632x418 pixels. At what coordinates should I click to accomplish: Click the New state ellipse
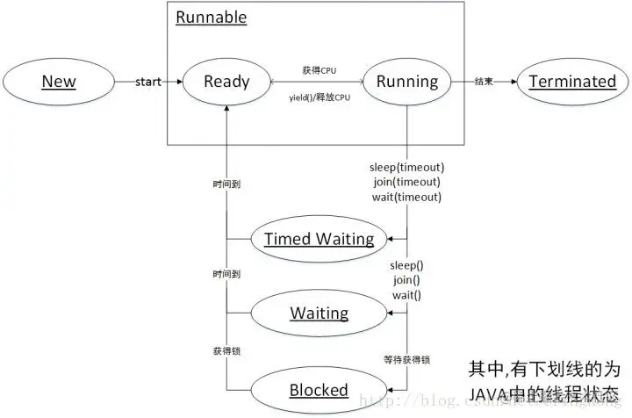click(x=59, y=82)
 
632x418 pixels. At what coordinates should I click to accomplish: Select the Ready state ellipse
click(x=226, y=82)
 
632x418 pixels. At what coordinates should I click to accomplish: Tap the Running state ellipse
click(x=406, y=82)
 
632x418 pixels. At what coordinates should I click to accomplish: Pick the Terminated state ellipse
click(x=572, y=82)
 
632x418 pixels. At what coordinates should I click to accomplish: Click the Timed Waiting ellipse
click(x=319, y=239)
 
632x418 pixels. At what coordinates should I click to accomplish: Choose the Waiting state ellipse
click(x=319, y=313)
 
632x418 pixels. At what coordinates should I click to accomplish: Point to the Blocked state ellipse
click(x=319, y=390)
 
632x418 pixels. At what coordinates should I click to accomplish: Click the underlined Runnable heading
click(x=212, y=18)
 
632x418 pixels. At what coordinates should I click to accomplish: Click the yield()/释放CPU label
click(x=320, y=97)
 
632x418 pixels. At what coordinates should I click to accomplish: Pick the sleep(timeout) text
click(x=406, y=167)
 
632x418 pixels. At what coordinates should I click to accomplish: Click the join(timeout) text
click(x=406, y=182)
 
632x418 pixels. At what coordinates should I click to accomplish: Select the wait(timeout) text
click(x=406, y=197)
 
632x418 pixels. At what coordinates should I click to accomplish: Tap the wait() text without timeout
click(x=406, y=294)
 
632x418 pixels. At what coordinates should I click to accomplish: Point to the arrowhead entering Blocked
click(x=390, y=390)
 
